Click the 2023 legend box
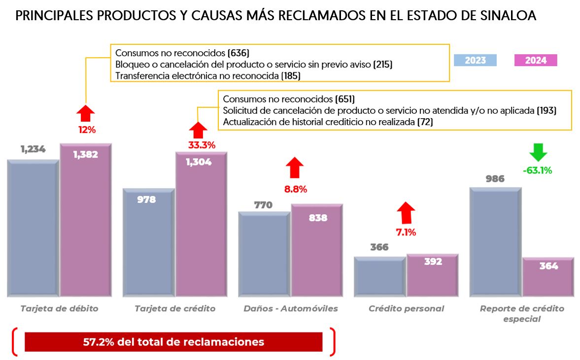pos(475,60)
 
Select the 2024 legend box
pos(535,60)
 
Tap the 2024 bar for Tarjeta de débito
pos(86,222)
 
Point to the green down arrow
pos(537,152)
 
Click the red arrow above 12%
pos(86,113)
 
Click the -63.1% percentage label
pos(537,171)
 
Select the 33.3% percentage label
pos(202,145)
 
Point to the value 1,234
pos(33,149)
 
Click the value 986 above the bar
pos(495,179)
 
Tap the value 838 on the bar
pos(318,218)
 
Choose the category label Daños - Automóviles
pos(291,309)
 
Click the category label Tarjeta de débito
pos(60,309)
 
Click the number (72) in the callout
pos(425,122)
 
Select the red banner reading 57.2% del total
pos(173,342)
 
